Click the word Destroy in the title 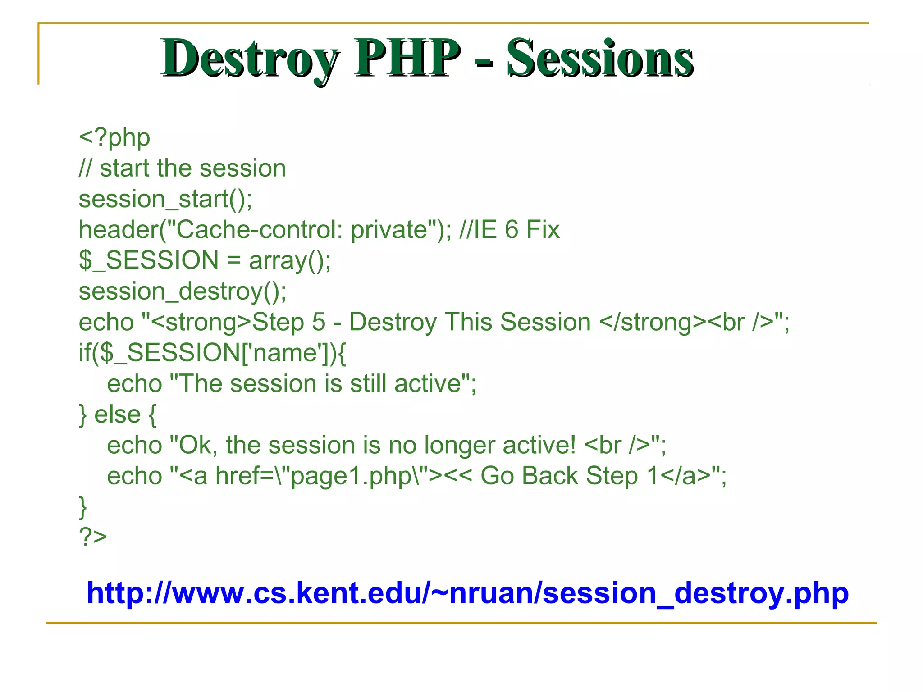click(x=250, y=59)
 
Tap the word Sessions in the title click(x=600, y=59)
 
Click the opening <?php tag click(x=114, y=137)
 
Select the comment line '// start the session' click(x=183, y=168)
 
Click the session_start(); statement click(x=165, y=199)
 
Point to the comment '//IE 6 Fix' click(x=509, y=230)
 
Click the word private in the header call click(x=388, y=230)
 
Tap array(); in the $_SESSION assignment click(x=290, y=260)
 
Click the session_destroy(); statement click(x=183, y=291)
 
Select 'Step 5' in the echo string click(x=288, y=322)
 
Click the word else click(x=117, y=414)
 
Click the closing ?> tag click(x=93, y=537)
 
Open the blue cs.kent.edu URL click(x=467, y=593)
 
